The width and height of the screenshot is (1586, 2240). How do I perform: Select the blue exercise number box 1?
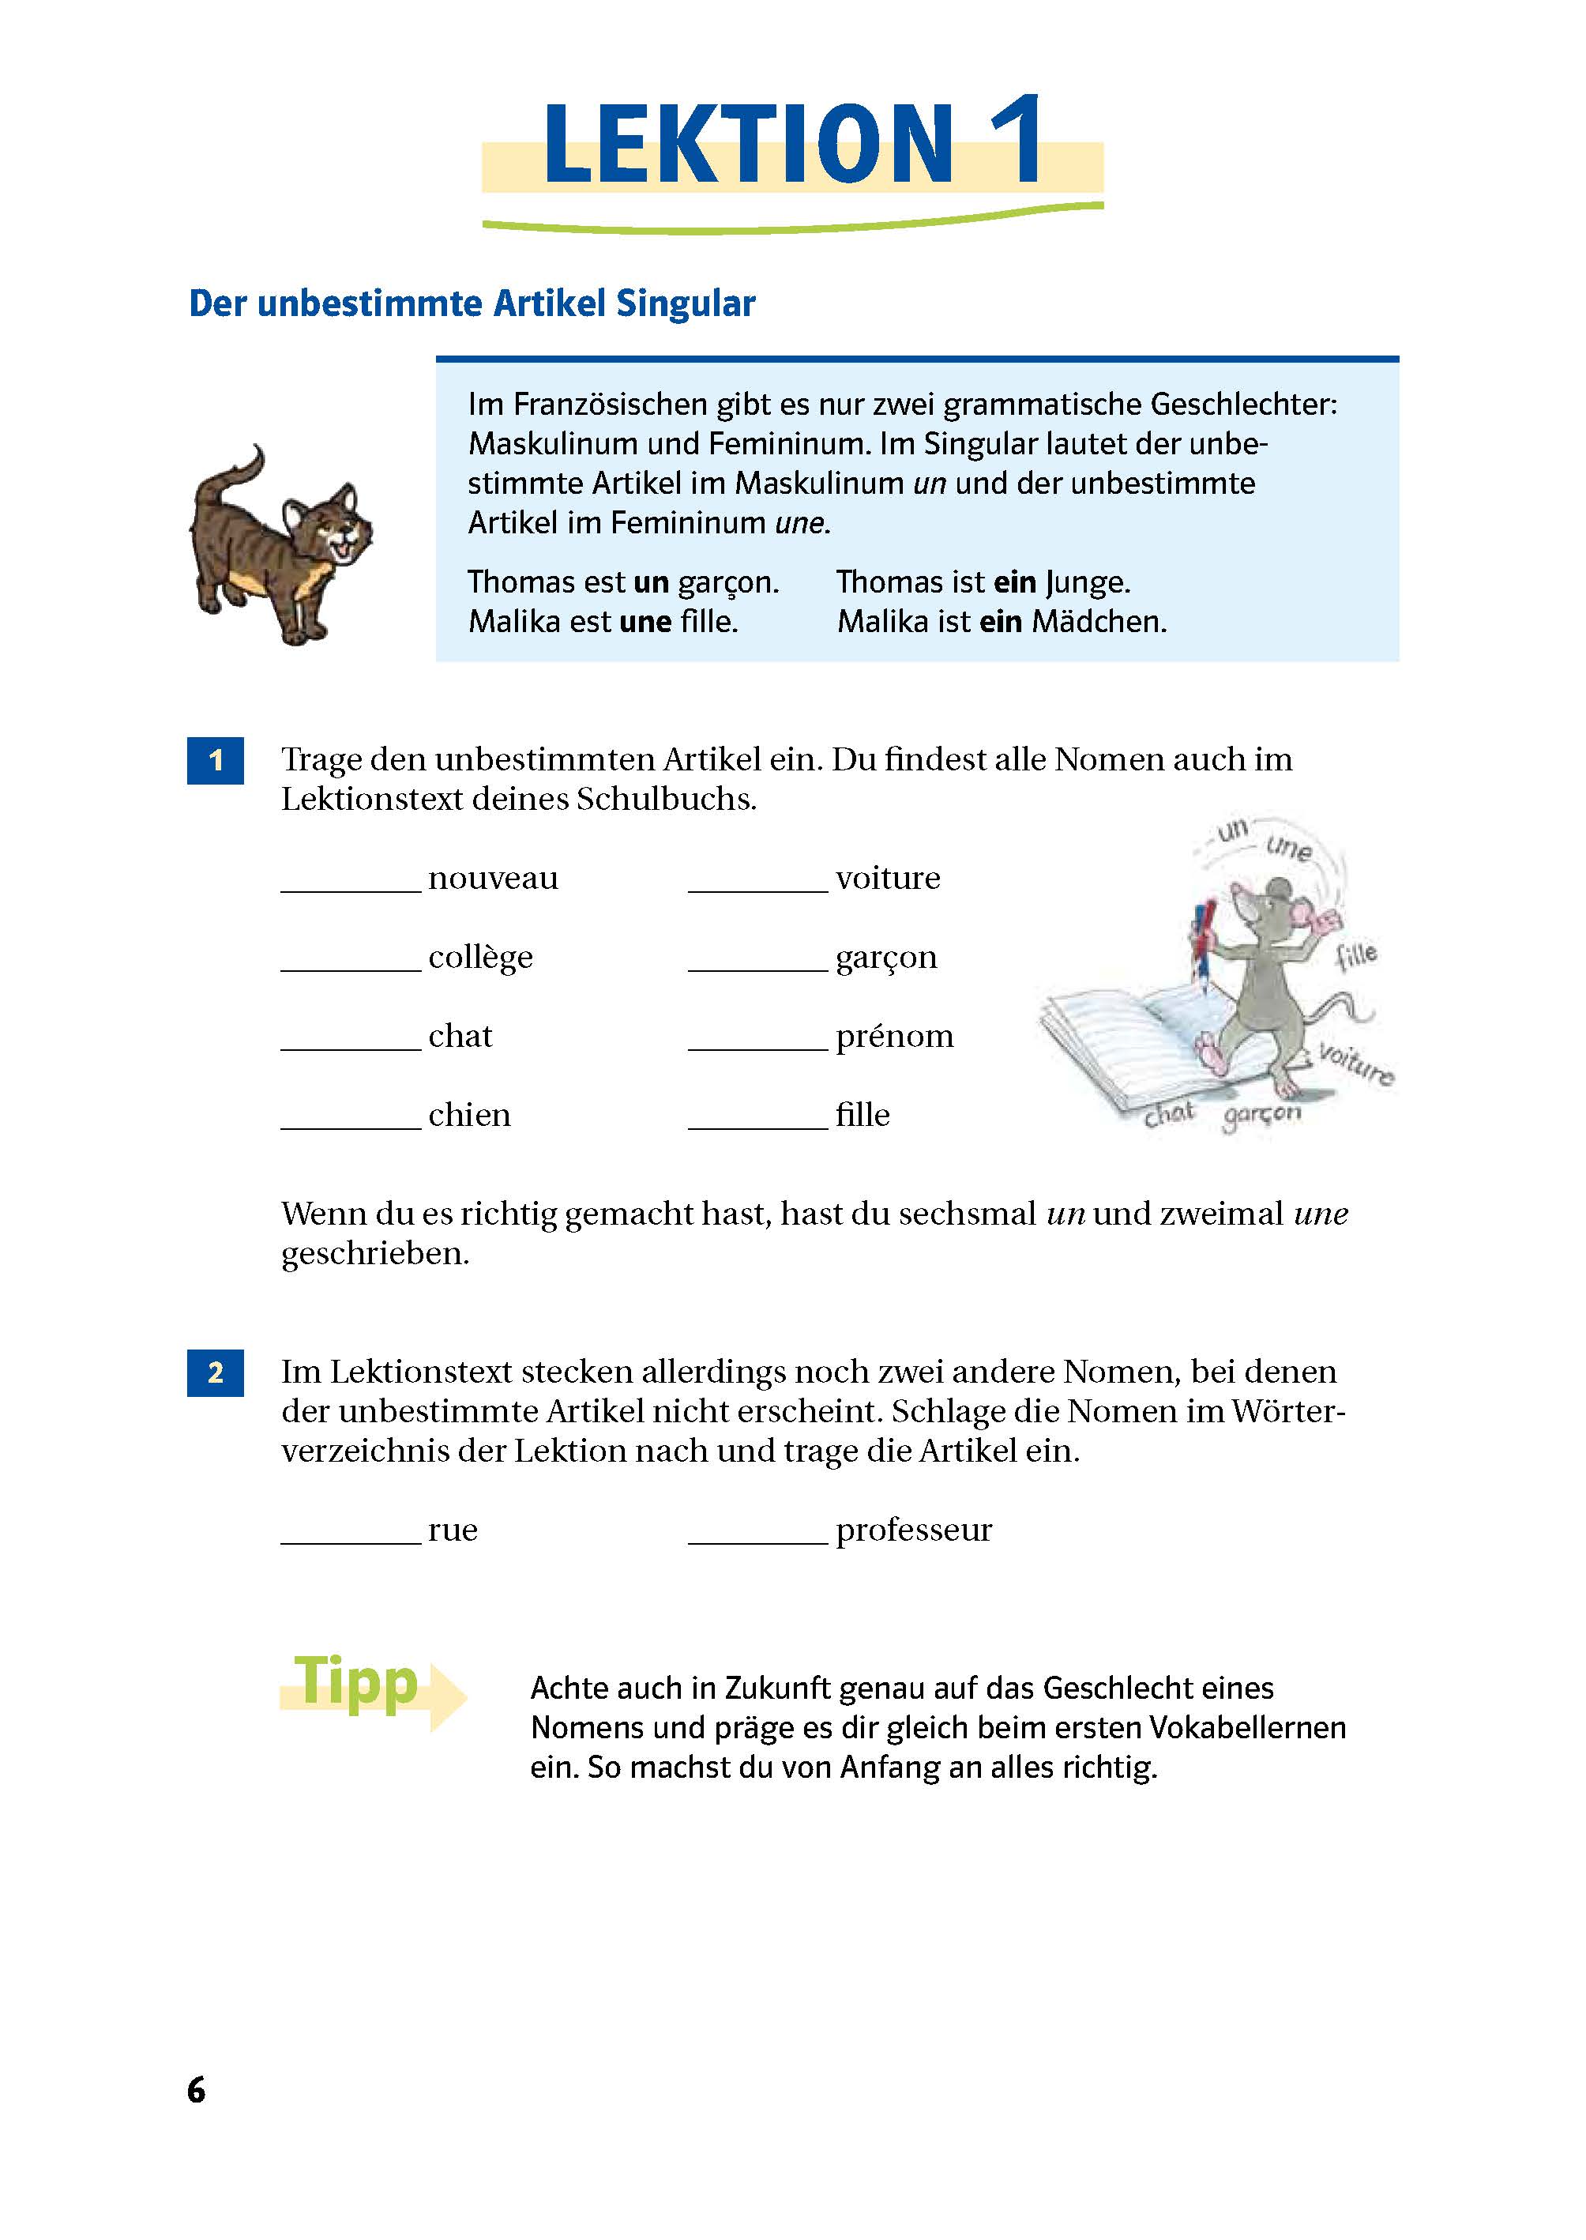point(215,760)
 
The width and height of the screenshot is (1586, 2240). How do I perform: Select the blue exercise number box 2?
point(215,1372)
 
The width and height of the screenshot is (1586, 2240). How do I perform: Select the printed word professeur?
point(913,1530)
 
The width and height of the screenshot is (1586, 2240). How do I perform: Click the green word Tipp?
point(356,1681)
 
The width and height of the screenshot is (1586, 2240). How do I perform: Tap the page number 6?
point(197,2090)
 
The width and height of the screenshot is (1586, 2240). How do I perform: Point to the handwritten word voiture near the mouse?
point(1355,1063)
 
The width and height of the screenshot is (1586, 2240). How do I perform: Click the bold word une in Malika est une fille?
point(645,621)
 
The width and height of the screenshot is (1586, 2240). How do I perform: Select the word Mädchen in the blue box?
point(1099,621)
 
